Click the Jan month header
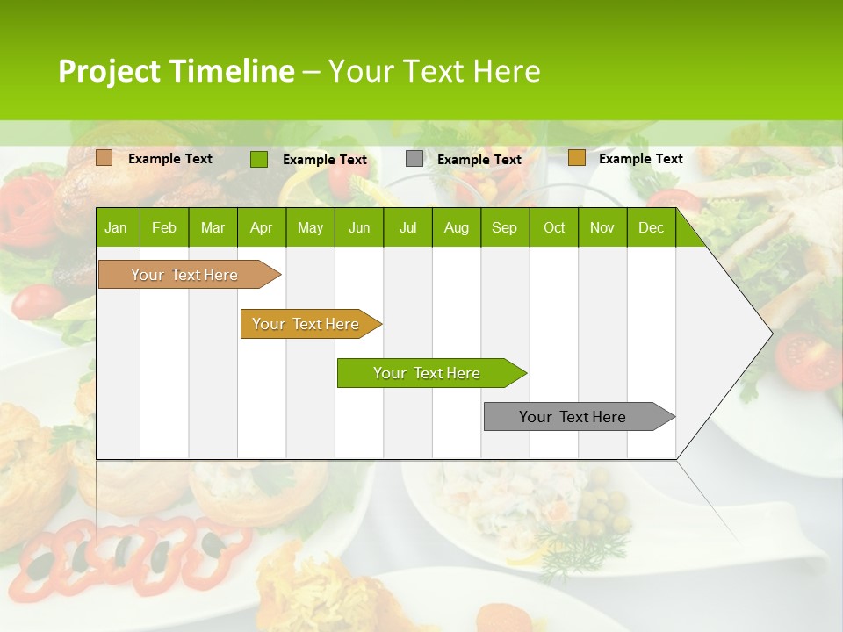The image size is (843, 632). (117, 228)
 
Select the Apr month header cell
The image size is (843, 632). (262, 228)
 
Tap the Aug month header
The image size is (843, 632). (456, 228)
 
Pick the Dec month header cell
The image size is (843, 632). (651, 228)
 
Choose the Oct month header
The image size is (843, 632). (553, 228)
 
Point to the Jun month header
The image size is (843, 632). (359, 228)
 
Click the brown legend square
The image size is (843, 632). (104, 158)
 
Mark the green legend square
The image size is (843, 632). (259, 159)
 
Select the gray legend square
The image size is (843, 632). (414, 159)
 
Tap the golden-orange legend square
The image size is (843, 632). (577, 158)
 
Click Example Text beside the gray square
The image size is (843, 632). (479, 160)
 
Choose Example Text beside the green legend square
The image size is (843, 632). (325, 160)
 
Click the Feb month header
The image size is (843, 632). (164, 228)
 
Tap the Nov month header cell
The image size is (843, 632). (602, 228)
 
